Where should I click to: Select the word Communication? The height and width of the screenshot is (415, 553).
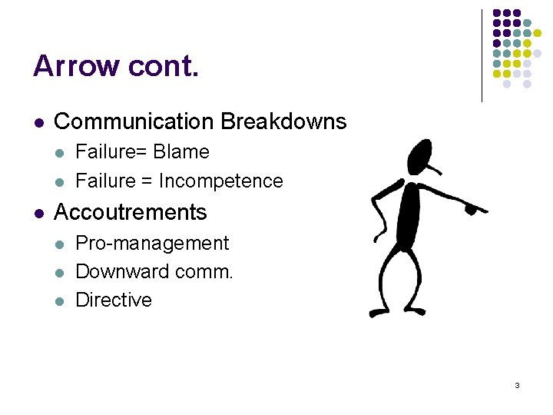click(134, 121)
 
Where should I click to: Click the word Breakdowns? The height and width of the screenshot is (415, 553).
click(283, 121)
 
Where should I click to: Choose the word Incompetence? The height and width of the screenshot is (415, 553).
click(221, 181)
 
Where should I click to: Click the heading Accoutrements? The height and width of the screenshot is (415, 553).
click(131, 212)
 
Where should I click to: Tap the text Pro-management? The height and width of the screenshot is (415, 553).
click(152, 244)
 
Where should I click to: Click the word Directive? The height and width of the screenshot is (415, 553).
click(114, 300)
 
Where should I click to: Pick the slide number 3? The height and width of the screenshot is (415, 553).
click(517, 385)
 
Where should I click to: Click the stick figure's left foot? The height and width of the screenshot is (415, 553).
click(378, 312)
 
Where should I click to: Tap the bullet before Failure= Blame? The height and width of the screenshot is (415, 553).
click(58, 153)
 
